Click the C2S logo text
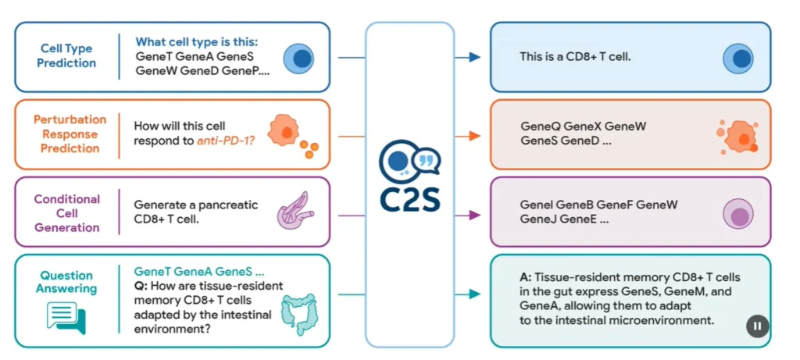[409, 199]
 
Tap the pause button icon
[757, 326]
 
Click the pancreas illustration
[295, 210]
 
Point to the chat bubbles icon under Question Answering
[66, 318]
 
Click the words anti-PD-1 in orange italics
[226, 141]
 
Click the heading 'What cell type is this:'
[197, 42]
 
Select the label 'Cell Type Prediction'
[66, 56]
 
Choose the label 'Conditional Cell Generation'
[67, 213]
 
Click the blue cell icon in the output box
[737, 59]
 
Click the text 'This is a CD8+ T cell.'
[576, 57]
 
